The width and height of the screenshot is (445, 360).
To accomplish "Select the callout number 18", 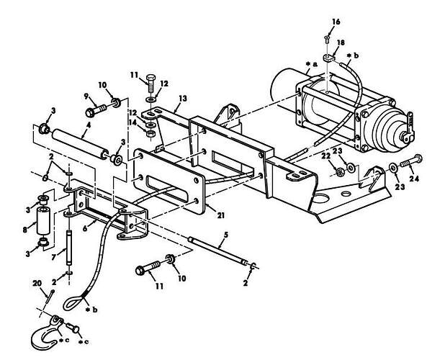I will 341,44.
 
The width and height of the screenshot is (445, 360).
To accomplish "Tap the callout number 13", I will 183,98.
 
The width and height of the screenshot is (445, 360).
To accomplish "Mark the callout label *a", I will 311,65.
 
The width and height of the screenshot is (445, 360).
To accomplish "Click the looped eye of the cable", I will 75,294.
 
